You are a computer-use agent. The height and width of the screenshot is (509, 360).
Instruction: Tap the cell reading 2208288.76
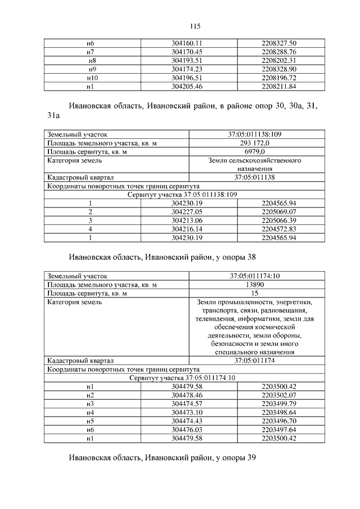coord(279,51)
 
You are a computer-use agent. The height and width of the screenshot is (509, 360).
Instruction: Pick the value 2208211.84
coord(279,87)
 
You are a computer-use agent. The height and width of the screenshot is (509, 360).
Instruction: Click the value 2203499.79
coord(279,404)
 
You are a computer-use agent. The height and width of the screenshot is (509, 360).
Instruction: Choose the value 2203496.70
coord(279,421)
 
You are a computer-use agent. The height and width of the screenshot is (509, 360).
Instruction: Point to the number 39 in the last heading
coord(251,458)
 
